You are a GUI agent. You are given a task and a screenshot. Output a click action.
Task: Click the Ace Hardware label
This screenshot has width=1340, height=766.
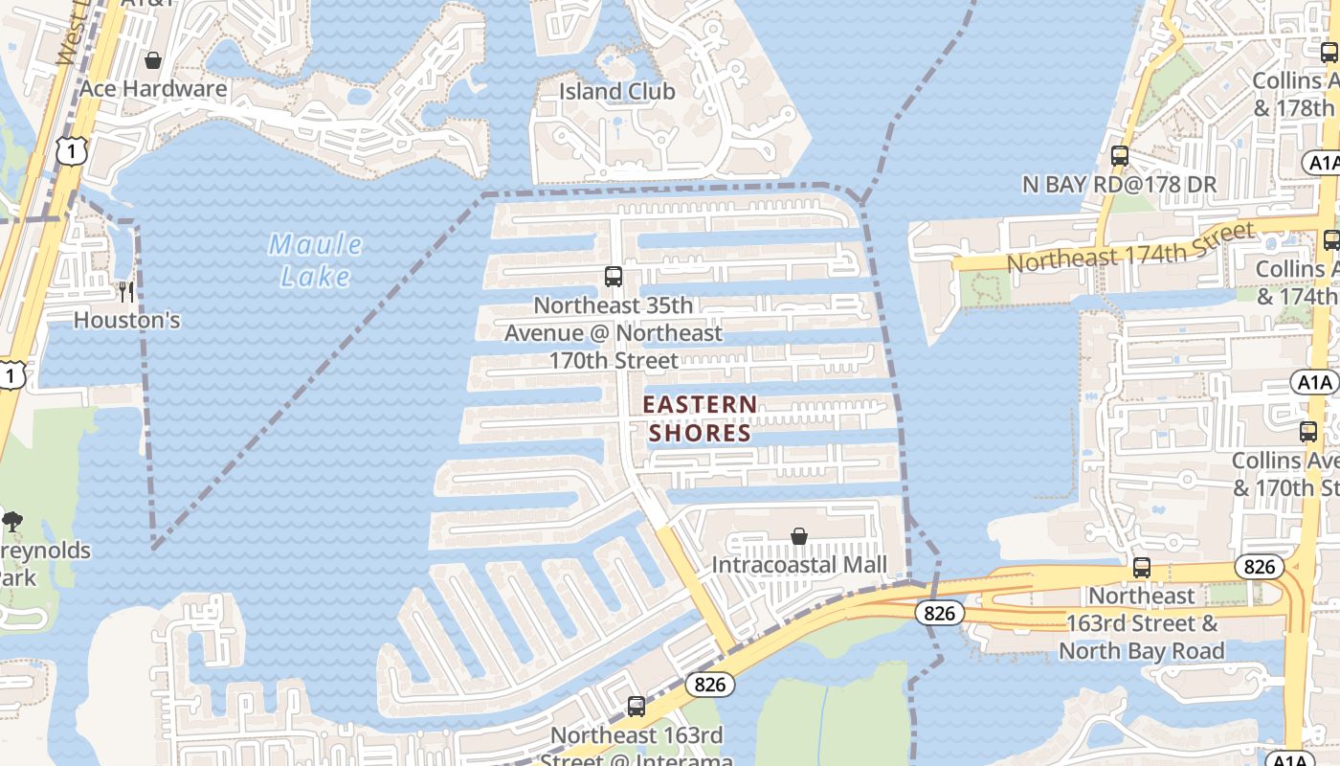[153, 89]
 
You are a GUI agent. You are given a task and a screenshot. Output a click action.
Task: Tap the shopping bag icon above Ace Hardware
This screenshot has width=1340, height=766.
[153, 61]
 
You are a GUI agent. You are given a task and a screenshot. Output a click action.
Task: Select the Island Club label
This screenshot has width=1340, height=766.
[617, 92]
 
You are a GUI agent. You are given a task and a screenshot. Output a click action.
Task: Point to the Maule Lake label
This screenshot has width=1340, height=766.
[316, 260]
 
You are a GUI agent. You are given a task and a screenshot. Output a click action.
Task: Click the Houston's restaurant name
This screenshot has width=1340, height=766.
[126, 320]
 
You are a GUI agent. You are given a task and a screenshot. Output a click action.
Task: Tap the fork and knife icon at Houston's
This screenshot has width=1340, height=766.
[126, 291]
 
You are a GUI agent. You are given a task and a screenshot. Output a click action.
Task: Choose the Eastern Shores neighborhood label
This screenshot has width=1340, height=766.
[701, 418]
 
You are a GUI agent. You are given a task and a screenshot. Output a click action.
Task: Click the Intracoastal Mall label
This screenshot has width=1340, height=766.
[799, 565]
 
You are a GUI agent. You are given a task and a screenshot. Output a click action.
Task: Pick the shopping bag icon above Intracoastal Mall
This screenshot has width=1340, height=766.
[799, 536]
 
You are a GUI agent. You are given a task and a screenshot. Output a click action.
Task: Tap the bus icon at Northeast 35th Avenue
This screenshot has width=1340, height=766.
[614, 277]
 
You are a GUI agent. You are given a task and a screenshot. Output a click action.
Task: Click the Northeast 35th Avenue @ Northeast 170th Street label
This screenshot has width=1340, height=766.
[614, 333]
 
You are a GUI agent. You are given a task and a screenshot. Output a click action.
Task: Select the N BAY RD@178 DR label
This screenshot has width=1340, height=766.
[1119, 184]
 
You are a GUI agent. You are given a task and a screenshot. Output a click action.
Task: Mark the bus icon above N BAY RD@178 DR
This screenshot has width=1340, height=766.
[1119, 155]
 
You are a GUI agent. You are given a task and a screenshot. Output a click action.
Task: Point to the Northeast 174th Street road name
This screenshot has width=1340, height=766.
[1129, 246]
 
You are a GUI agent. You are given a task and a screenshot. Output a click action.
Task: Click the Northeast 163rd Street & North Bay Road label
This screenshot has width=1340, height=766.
[1142, 623]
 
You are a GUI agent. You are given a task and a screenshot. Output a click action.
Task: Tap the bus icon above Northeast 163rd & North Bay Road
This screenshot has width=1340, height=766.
[1142, 568]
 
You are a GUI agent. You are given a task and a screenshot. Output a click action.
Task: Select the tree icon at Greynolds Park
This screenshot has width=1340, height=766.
[12, 522]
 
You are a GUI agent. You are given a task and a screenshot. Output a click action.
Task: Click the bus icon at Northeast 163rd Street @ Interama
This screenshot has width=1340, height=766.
[636, 707]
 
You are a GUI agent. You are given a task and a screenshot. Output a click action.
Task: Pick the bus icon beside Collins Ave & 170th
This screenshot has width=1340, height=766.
[1308, 432]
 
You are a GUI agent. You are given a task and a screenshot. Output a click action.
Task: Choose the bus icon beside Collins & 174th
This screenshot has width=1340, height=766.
[1330, 240]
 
